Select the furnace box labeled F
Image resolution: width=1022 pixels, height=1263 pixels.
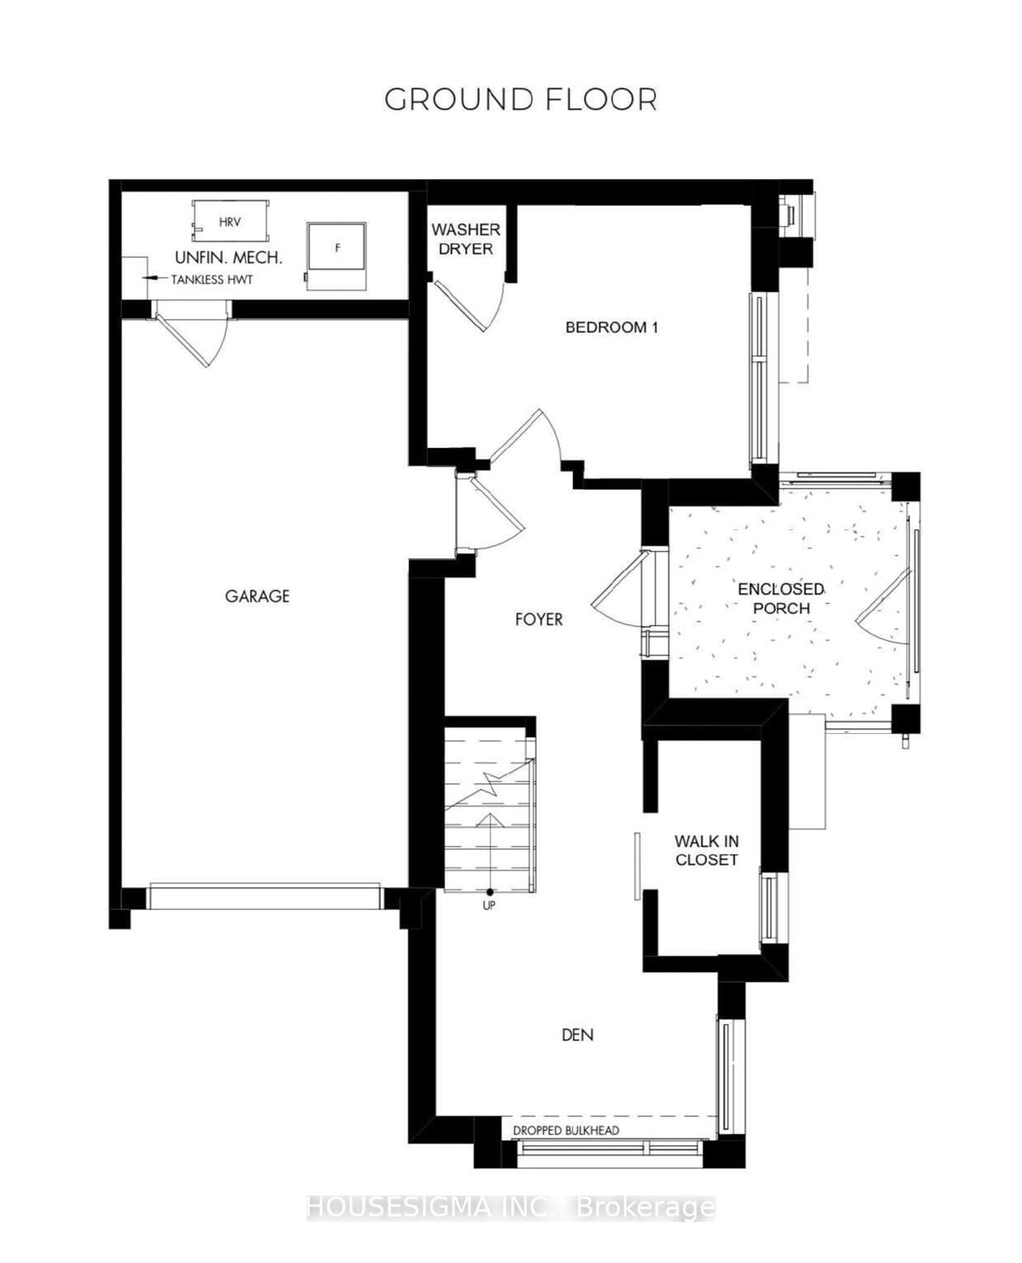click(337, 247)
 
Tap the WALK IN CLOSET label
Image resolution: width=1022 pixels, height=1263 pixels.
click(706, 850)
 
